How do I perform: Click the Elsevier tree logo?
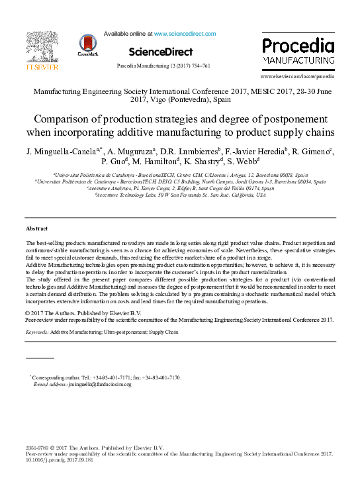point(42,45)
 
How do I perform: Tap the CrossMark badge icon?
point(87,44)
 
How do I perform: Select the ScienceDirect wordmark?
point(161,52)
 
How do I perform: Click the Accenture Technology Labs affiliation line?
point(180,195)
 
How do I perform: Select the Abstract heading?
point(36,228)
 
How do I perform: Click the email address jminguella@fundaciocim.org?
point(95,384)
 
